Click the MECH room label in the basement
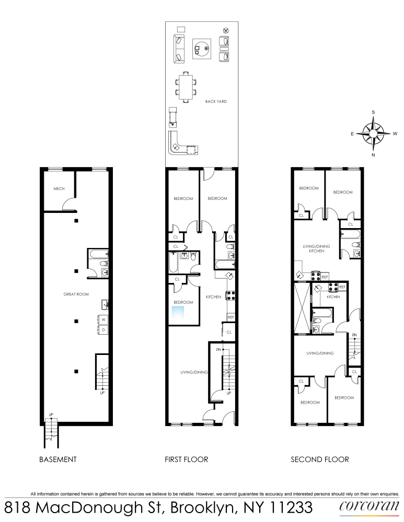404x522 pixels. point(59,188)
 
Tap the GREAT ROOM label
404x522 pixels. point(76,294)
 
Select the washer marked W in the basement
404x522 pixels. point(103,319)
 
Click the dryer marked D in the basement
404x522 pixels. point(103,329)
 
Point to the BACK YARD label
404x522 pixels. point(216,101)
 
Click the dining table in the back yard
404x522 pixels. point(186,87)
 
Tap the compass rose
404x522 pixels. point(374,133)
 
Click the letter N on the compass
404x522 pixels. point(373,155)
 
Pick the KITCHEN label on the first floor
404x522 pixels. point(214,296)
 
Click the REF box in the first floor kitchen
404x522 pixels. point(230,317)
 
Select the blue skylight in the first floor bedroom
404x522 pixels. point(179,312)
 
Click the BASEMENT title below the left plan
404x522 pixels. point(58,459)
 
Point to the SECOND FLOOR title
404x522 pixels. point(320,459)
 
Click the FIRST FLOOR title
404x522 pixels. point(187,459)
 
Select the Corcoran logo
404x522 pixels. point(365,506)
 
